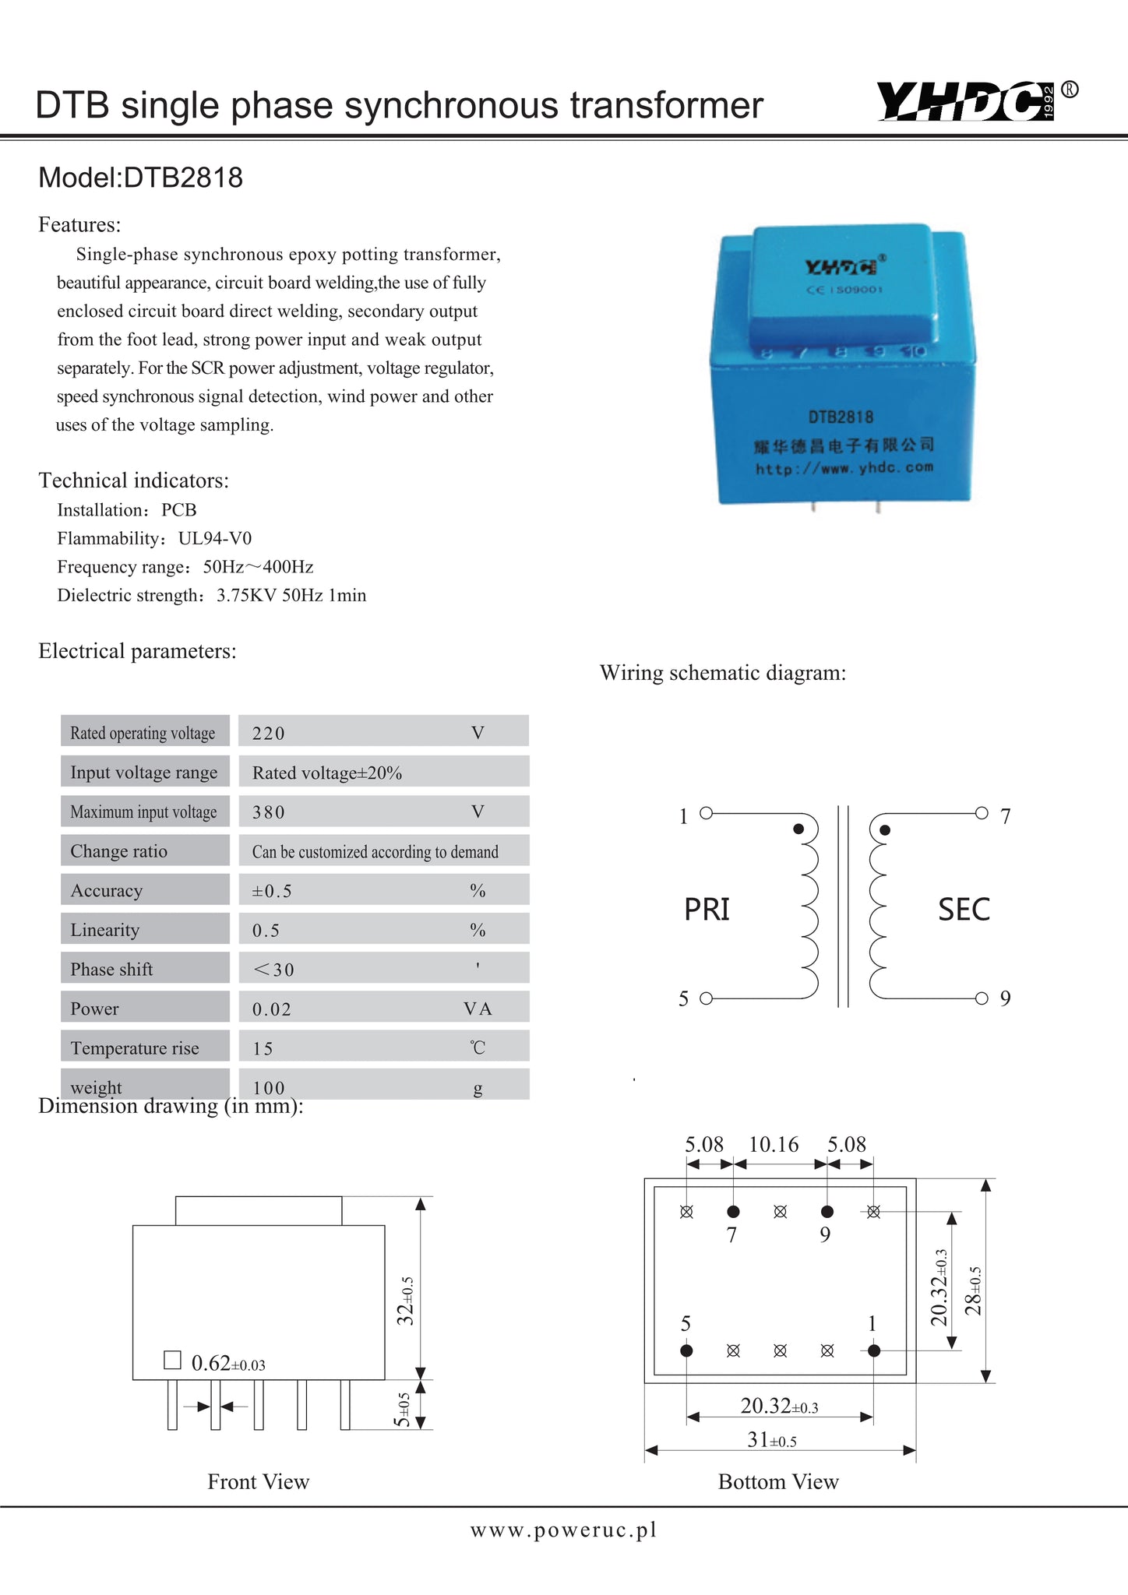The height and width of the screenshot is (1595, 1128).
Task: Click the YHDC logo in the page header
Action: coord(967,102)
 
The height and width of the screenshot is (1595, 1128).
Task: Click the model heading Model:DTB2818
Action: coord(141,178)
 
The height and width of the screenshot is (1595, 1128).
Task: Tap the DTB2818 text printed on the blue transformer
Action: coord(841,417)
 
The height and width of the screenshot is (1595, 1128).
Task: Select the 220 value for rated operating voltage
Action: coord(269,734)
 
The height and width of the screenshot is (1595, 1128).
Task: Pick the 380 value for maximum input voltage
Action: coord(269,812)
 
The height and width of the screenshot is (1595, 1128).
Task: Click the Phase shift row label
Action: coord(111,970)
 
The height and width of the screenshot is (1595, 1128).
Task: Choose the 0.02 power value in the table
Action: coord(272,1009)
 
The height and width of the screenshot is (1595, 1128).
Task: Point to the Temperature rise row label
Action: coord(135,1048)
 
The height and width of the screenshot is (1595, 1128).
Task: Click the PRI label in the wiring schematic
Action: coord(707,910)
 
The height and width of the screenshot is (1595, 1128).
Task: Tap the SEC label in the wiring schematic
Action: coord(964,910)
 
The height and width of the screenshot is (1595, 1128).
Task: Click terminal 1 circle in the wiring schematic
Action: coord(706,813)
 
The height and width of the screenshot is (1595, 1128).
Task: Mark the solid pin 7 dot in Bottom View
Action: coord(733,1212)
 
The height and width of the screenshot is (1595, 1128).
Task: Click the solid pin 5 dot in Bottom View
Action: coord(686,1350)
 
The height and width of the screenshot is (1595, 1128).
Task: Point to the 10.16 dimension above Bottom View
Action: coord(774,1145)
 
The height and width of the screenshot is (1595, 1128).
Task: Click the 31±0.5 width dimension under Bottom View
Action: coord(771,1441)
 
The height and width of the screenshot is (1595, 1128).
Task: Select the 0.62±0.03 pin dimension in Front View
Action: coord(228,1364)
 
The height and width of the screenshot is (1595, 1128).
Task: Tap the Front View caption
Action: coord(259,1482)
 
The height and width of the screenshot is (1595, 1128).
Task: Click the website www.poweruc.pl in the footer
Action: coord(564,1530)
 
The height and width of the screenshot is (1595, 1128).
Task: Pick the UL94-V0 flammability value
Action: coord(215,539)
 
